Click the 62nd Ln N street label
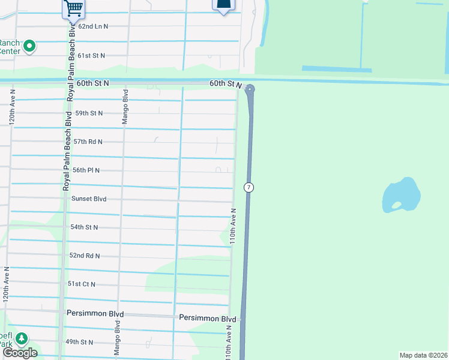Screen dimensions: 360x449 coord(93,27)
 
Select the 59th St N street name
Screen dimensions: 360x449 coord(89,113)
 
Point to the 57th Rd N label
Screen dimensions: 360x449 coord(88,142)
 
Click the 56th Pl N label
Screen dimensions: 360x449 coord(86,170)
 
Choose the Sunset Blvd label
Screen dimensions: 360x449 coord(89,199)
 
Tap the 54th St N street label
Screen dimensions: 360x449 coord(84,227)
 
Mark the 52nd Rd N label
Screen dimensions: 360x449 coord(85,256)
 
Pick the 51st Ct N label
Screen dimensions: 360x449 coord(81,284)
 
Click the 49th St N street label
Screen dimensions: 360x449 coord(79,342)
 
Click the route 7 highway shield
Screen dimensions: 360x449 coord(249,188)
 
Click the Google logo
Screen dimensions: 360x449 coord(20,353)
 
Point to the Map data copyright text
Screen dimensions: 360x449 coord(423,355)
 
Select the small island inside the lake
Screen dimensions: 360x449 coord(397,205)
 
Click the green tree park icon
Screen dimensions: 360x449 coord(22,339)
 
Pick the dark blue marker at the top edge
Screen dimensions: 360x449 coord(222,5)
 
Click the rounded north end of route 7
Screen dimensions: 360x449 coord(250,90)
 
